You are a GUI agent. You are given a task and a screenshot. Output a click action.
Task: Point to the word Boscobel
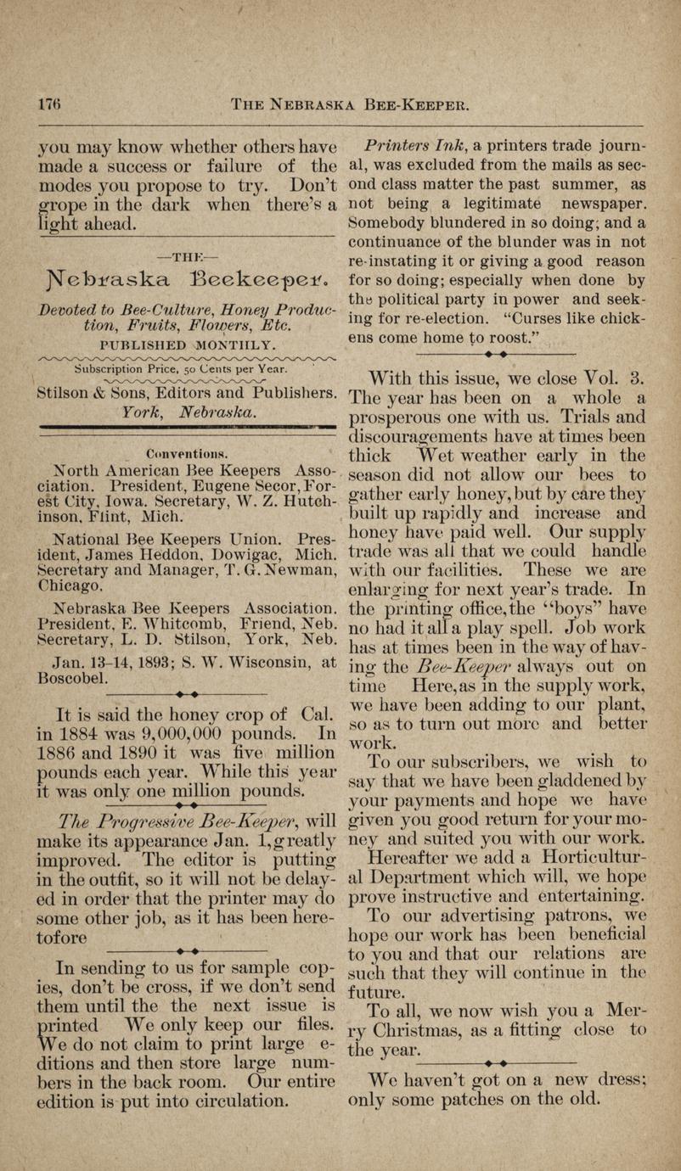(75, 655)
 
